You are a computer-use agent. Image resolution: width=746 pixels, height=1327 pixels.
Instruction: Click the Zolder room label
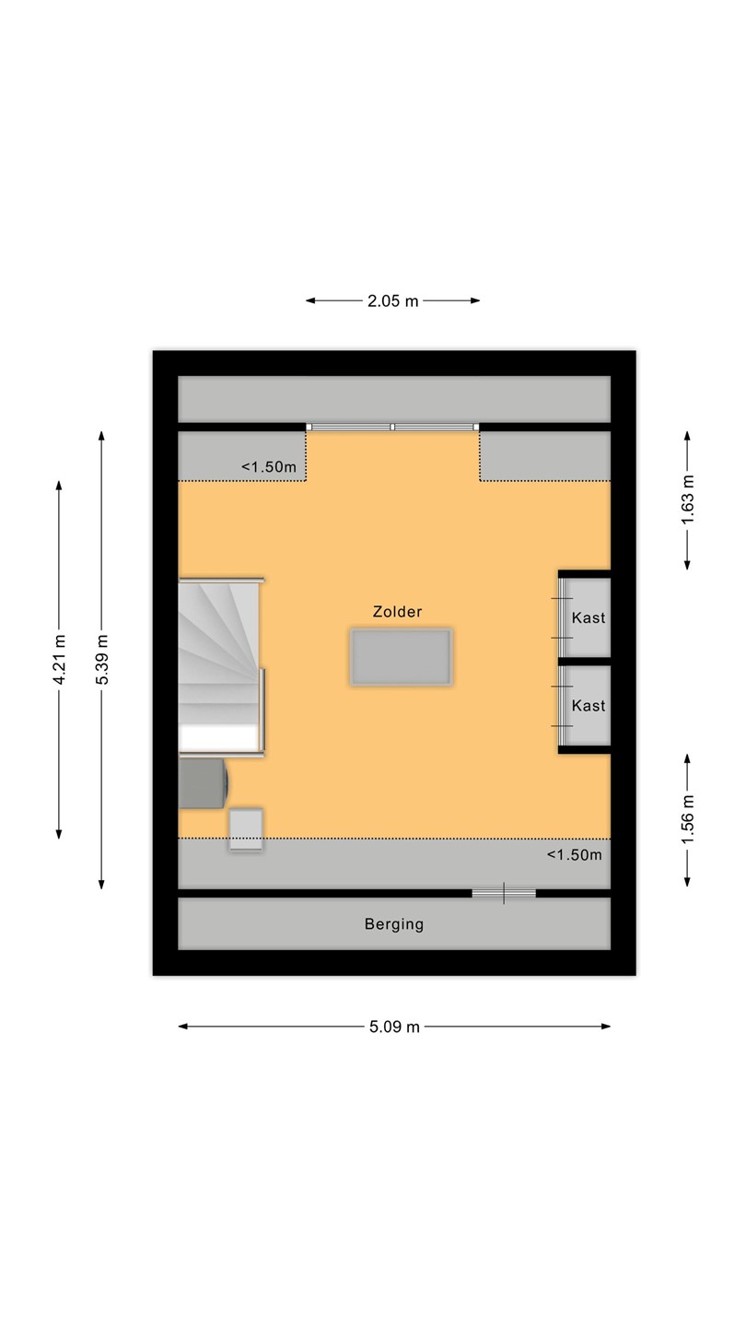397,611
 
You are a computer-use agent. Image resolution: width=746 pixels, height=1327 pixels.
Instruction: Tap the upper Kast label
589,617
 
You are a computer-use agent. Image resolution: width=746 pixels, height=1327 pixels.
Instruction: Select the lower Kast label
589,706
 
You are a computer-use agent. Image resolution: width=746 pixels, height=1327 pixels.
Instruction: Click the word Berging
394,925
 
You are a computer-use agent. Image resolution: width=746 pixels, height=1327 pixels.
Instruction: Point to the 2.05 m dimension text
393,301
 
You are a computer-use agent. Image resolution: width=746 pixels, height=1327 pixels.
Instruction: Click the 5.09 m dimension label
394,1027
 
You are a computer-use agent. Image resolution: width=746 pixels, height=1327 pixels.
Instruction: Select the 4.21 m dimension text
59,660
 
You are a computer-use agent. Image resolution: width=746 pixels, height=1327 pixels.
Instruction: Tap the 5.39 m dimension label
102,660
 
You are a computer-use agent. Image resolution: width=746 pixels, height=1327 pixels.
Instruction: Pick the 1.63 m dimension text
687,500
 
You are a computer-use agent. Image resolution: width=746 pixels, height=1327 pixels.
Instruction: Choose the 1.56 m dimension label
687,820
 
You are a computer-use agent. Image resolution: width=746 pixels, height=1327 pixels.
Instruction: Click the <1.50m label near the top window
269,467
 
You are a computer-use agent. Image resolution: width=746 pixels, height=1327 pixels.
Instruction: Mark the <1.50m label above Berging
575,855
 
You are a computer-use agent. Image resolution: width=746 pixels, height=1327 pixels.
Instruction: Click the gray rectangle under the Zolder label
402,658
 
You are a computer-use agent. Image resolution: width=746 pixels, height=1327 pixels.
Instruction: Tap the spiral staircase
221,666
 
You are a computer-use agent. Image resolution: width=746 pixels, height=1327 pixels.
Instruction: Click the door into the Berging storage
504,893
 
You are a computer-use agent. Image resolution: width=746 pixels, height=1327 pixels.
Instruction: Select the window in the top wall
392,427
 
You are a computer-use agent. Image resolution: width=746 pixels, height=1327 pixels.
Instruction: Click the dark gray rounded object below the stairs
204,783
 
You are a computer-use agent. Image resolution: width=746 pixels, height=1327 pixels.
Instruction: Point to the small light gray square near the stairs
246,830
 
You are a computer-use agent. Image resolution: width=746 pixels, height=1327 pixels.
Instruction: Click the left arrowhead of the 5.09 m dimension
183,1027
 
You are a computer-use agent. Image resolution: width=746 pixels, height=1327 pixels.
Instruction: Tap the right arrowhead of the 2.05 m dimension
475,301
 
